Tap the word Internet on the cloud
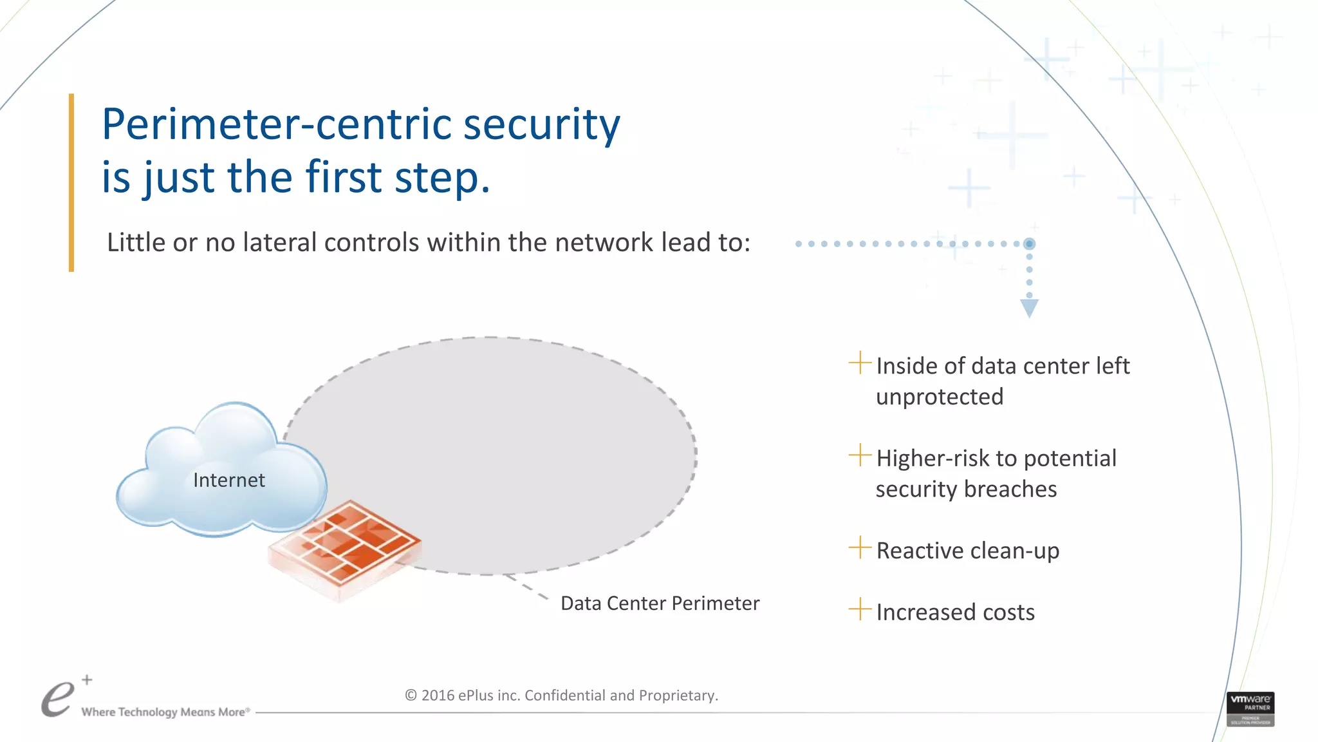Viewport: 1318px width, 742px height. click(228, 480)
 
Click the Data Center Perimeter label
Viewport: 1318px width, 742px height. click(660, 604)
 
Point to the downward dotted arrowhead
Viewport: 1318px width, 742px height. click(1029, 308)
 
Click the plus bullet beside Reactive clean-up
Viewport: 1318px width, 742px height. click(859, 548)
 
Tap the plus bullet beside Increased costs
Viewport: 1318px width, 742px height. click(859, 609)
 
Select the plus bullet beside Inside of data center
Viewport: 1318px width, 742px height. click(859, 363)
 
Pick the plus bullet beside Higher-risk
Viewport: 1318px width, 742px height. click(859, 455)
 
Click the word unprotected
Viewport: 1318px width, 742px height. click(940, 397)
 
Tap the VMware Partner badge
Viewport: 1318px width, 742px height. click(1250, 709)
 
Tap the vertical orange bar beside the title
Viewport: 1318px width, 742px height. click(71, 183)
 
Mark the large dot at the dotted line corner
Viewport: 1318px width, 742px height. click(1029, 243)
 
